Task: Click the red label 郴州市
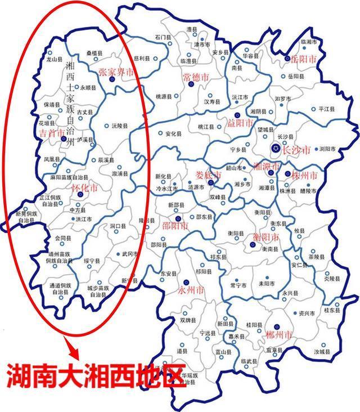pyautogui.click(x=280, y=335)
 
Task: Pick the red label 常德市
pyautogui.click(x=195, y=77)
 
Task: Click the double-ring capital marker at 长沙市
pyautogui.click(x=274, y=149)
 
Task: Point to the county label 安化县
pyautogui.click(x=174, y=135)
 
